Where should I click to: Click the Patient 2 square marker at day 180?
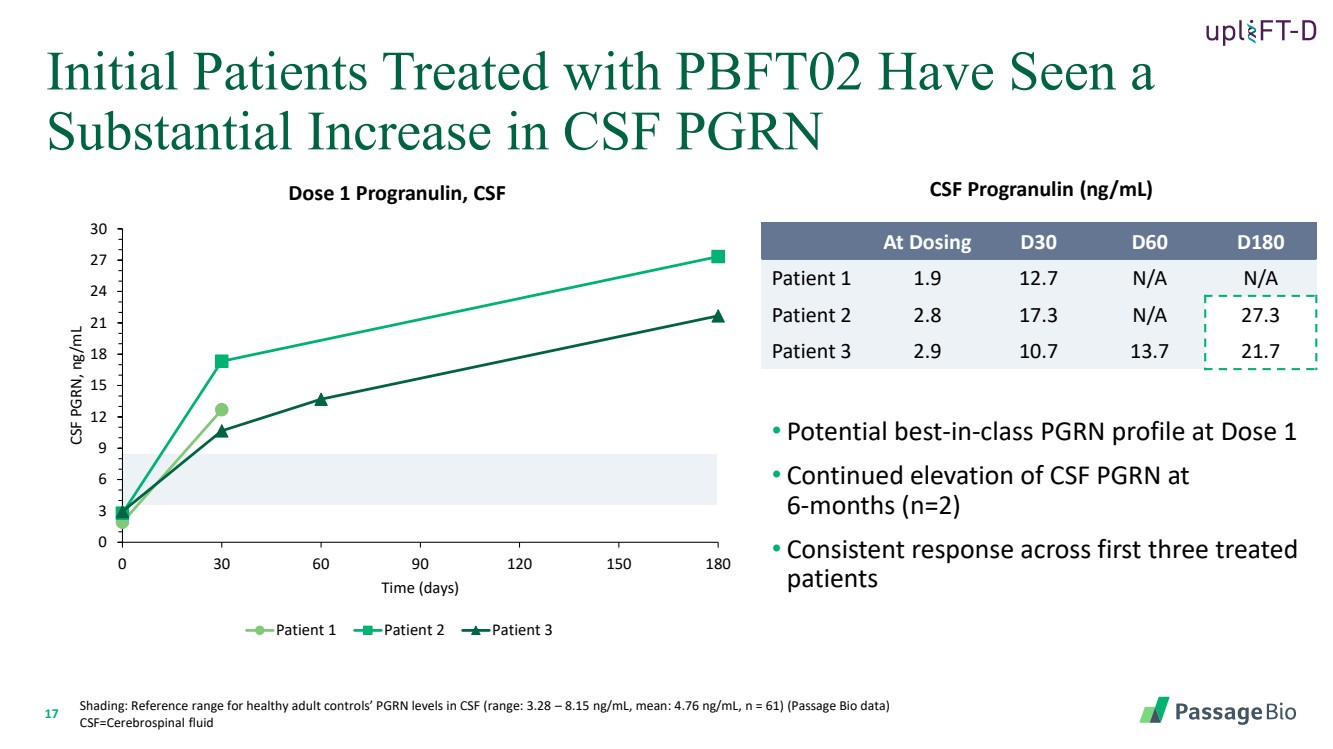[717, 257]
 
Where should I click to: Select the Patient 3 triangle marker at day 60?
[321, 399]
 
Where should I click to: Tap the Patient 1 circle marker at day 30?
[222, 410]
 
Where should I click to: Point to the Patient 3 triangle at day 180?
[717, 316]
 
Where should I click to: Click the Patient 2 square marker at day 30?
[222, 361]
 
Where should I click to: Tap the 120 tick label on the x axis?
[519, 564]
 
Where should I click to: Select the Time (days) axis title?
[420, 588]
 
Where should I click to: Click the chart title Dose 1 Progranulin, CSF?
[397, 194]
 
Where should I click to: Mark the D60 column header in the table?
[1149, 242]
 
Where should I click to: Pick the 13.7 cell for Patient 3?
[1149, 351]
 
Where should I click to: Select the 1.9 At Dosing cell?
[927, 279]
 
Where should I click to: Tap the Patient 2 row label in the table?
[811, 315]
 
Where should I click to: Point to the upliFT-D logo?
[1260, 31]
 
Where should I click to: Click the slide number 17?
[53, 713]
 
